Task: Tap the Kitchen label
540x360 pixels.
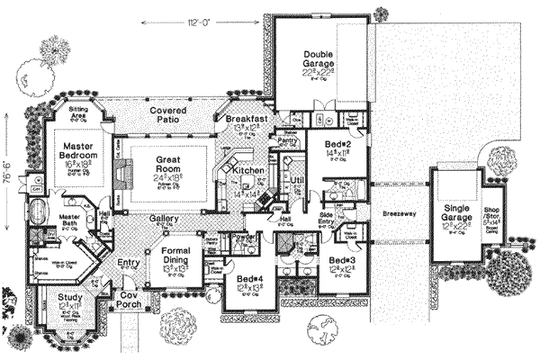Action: point(247,169)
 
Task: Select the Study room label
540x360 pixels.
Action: point(68,297)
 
